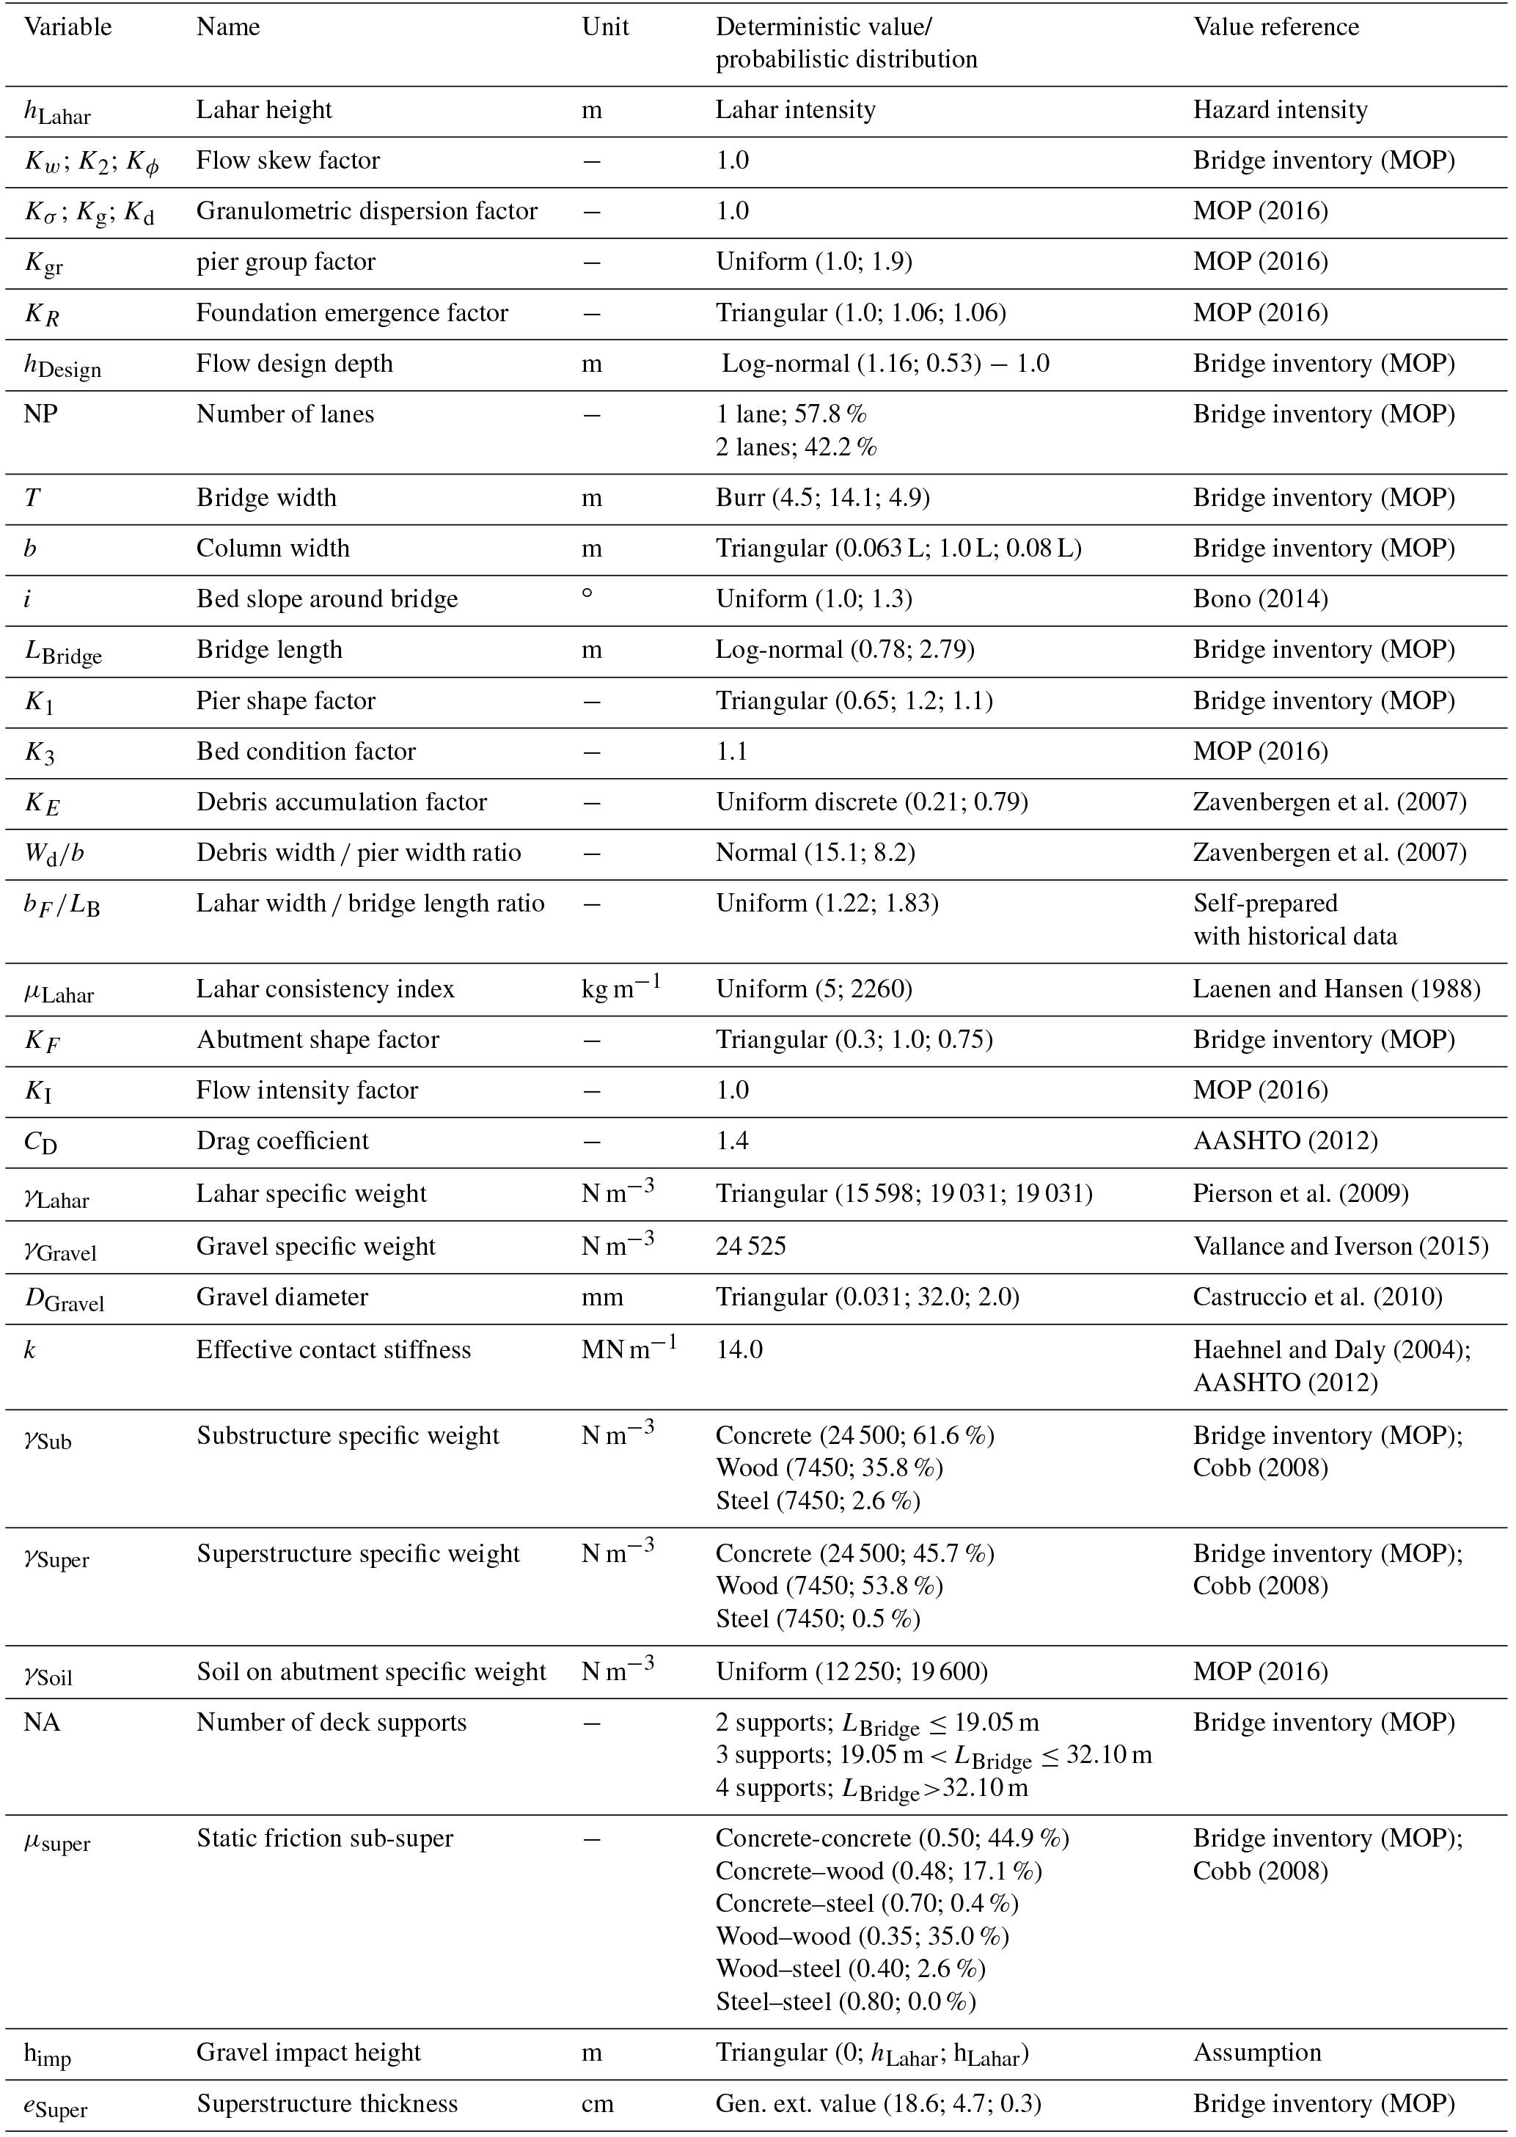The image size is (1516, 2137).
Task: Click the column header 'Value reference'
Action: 1275,27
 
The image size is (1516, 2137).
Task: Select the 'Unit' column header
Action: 605,27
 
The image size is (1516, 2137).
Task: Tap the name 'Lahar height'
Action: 264,110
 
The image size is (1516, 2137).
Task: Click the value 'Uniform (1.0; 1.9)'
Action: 813,263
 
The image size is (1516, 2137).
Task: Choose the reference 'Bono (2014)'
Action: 1260,599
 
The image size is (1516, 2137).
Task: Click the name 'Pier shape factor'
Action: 285,701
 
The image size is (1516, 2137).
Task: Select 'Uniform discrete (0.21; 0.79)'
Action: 872,802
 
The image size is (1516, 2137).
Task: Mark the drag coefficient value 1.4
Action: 733,1141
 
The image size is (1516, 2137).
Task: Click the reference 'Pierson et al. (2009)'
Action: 1300,1194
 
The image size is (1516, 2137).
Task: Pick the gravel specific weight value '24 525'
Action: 750,1247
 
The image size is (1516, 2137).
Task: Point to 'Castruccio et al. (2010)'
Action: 1317,1297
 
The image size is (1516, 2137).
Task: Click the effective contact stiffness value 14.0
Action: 739,1349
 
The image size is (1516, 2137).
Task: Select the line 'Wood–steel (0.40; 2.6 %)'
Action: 851,1969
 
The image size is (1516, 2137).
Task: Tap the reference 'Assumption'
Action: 1256,2053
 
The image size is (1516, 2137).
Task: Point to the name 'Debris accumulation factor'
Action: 342,802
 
